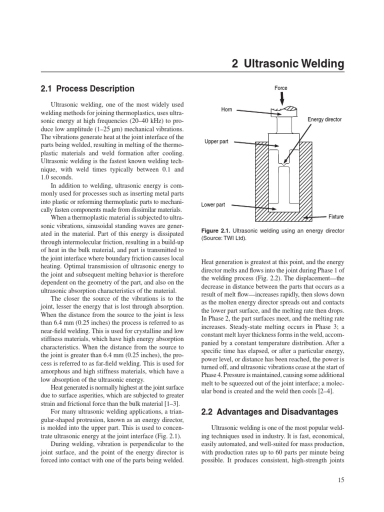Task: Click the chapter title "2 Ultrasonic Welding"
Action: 288,63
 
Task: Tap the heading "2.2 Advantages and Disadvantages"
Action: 269,412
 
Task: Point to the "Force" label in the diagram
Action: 281,88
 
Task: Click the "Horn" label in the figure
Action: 226,109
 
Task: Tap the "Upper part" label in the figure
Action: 216,142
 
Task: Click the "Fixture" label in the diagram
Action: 335,217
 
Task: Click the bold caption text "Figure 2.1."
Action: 216,231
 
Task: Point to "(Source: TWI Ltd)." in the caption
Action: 224,238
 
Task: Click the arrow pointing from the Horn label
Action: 252,111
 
